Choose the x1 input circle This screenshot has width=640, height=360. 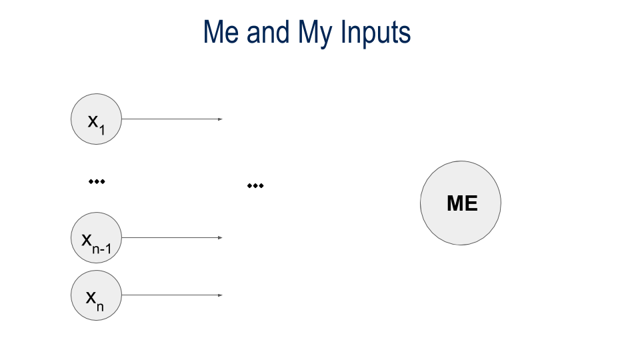tap(97, 119)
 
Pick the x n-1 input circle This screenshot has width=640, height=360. tap(97, 237)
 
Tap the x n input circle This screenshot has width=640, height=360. tap(97, 295)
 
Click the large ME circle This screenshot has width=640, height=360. tap(460, 203)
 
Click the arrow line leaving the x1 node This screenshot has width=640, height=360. tap(170, 119)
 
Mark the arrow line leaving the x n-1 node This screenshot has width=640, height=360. tap(170, 237)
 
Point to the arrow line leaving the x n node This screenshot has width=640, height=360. tap(170, 295)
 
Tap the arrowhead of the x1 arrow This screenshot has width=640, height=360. tap(220, 119)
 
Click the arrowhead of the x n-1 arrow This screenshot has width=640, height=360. tap(220, 237)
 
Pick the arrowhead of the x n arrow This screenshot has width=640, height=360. tap(220, 295)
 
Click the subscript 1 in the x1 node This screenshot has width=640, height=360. tap(101, 130)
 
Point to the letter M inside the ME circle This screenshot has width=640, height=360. tap(455, 203)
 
